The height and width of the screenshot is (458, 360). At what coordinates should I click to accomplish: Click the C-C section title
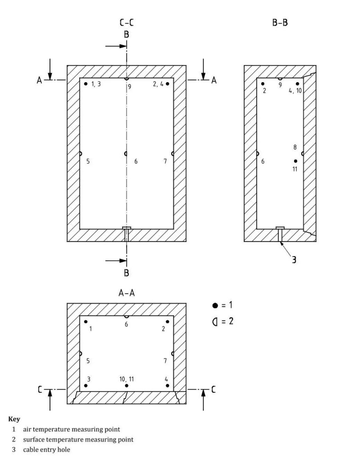[x=127, y=22]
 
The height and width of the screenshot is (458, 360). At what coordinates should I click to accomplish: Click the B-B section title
[x=280, y=23]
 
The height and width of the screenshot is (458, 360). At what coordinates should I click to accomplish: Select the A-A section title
[x=127, y=293]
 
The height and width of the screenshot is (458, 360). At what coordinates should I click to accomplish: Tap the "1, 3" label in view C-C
[x=96, y=84]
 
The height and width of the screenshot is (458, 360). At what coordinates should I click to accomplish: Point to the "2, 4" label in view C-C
[x=158, y=84]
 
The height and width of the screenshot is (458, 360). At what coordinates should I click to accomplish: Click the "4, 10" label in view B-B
[x=295, y=91]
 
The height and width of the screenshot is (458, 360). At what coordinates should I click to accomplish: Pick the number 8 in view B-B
[x=295, y=147]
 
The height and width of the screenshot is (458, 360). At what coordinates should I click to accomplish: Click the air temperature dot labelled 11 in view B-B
[x=295, y=161]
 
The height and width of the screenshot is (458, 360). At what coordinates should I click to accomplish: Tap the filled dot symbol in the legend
[x=215, y=305]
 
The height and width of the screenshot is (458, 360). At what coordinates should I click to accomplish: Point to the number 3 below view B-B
[x=294, y=260]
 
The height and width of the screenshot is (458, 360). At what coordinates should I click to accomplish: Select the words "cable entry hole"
[x=46, y=449]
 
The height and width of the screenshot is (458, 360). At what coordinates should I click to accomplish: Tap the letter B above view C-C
[x=126, y=34]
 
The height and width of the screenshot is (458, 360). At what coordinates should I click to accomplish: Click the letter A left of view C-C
[x=39, y=80]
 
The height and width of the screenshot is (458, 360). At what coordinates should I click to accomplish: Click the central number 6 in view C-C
[x=136, y=161]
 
